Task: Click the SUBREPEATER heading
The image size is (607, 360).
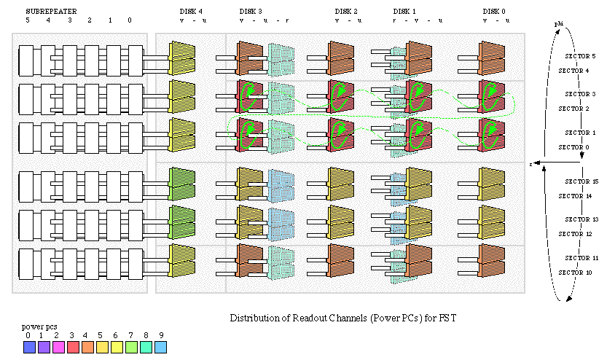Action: pyautogui.click(x=51, y=11)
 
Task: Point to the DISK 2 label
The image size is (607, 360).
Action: pyautogui.click(x=346, y=11)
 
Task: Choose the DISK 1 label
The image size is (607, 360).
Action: pyautogui.click(x=404, y=11)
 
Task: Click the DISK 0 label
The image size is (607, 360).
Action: pyautogui.click(x=495, y=11)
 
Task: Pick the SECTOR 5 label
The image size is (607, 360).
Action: pyautogui.click(x=581, y=56)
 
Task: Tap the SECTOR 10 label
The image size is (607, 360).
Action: pyautogui.click(x=573, y=273)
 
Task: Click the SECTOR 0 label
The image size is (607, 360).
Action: pyautogui.click(x=573, y=147)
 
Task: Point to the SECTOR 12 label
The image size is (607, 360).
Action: pyautogui.click(x=573, y=234)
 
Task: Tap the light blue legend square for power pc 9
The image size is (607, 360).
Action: pyautogui.click(x=161, y=348)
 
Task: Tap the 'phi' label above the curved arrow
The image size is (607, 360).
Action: pyautogui.click(x=558, y=25)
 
